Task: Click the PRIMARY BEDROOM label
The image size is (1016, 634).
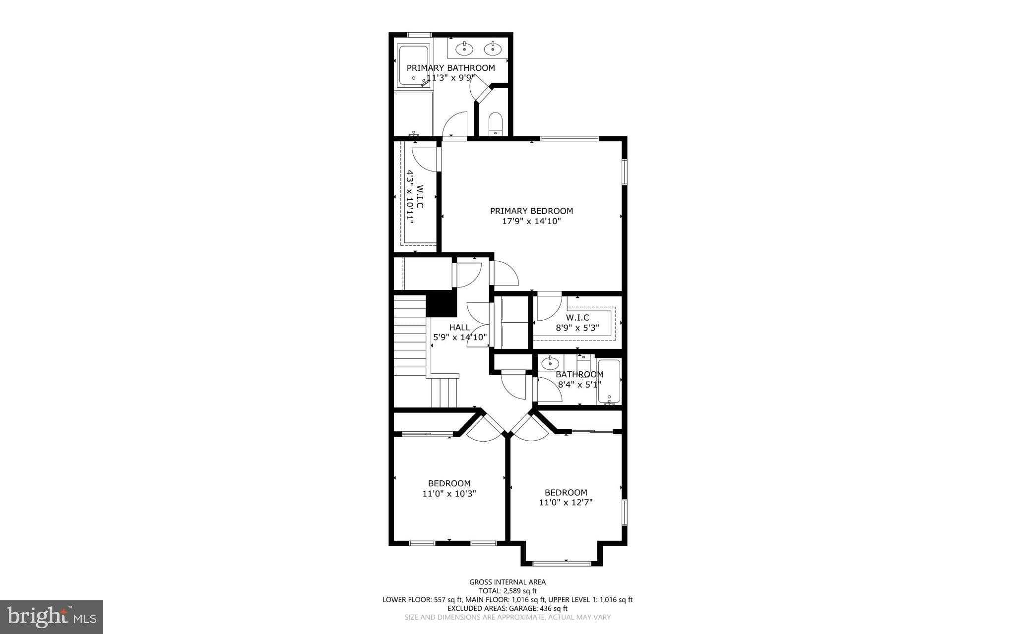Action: pos(531,211)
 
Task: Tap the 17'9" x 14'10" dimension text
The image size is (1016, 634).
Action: pos(531,221)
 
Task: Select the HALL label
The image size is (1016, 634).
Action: pos(459,327)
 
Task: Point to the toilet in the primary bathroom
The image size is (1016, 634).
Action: pos(496,124)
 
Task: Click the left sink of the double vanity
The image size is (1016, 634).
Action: pos(465,49)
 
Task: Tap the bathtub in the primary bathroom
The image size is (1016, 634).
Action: pos(413,66)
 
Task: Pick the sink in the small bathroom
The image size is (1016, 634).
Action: pos(550,363)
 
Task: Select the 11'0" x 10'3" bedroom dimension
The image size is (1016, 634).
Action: pos(449,494)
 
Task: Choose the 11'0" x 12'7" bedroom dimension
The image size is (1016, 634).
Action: pos(566,503)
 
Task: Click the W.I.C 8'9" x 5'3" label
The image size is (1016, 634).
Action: pos(577,323)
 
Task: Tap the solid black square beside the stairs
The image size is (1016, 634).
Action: pos(442,303)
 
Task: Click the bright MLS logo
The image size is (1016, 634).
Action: pos(52,617)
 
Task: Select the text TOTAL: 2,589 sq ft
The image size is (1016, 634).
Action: pos(508,591)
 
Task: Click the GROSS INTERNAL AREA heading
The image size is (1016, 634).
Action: pos(508,582)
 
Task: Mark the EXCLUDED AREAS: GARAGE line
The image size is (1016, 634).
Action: pos(508,608)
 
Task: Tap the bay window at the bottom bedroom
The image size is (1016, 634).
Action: pos(562,563)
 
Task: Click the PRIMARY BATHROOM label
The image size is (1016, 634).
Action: pos(450,68)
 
